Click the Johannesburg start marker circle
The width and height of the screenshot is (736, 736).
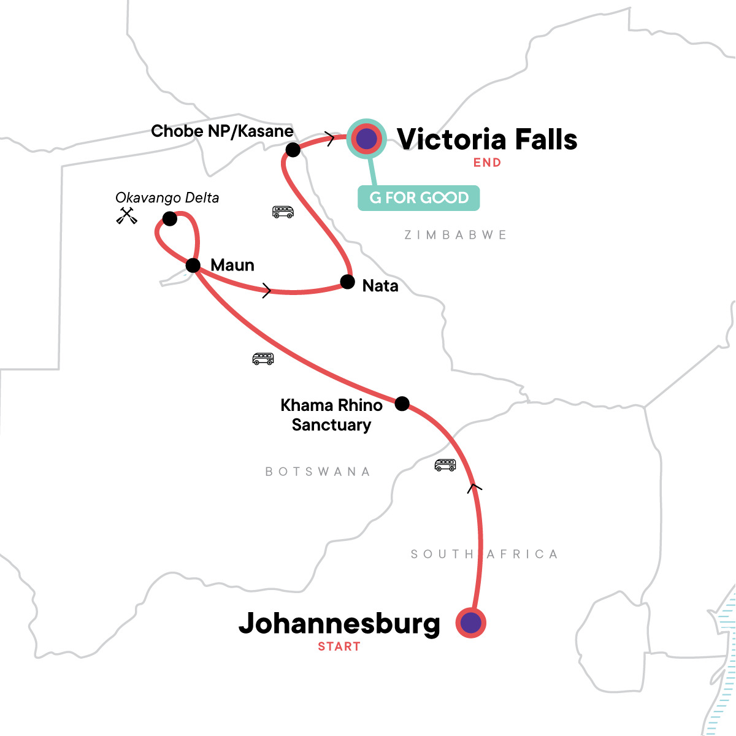[x=470, y=623]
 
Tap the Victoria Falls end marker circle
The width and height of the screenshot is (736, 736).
[x=366, y=139]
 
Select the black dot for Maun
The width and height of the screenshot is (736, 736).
[x=193, y=266]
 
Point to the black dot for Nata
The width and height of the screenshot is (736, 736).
[x=347, y=282]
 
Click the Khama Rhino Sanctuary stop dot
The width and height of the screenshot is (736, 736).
[x=402, y=404]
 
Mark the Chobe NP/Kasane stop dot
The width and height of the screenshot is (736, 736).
[x=293, y=150]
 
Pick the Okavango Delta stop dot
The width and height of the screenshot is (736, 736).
[x=170, y=218]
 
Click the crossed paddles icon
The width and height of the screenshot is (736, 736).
[x=126, y=216]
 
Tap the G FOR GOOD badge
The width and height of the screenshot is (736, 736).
[x=418, y=198]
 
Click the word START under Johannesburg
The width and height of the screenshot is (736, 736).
[x=339, y=646]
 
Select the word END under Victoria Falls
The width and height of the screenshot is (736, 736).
[x=487, y=163]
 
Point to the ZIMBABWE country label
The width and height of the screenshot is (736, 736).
[x=456, y=235]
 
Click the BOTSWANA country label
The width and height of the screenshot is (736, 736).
[x=318, y=472]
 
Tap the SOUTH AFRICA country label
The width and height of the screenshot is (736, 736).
[x=484, y=554]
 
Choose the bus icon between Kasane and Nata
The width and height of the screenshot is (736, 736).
[x=283, y=212]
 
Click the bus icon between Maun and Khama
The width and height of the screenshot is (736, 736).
[x=263, y=359]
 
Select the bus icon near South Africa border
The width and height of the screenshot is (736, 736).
[x=445, y=465]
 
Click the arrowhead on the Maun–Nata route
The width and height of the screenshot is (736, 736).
[x=267, y=291]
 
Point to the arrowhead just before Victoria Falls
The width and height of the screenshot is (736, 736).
[x=331, y=139]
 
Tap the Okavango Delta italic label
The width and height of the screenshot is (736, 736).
[x=167, y=198]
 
